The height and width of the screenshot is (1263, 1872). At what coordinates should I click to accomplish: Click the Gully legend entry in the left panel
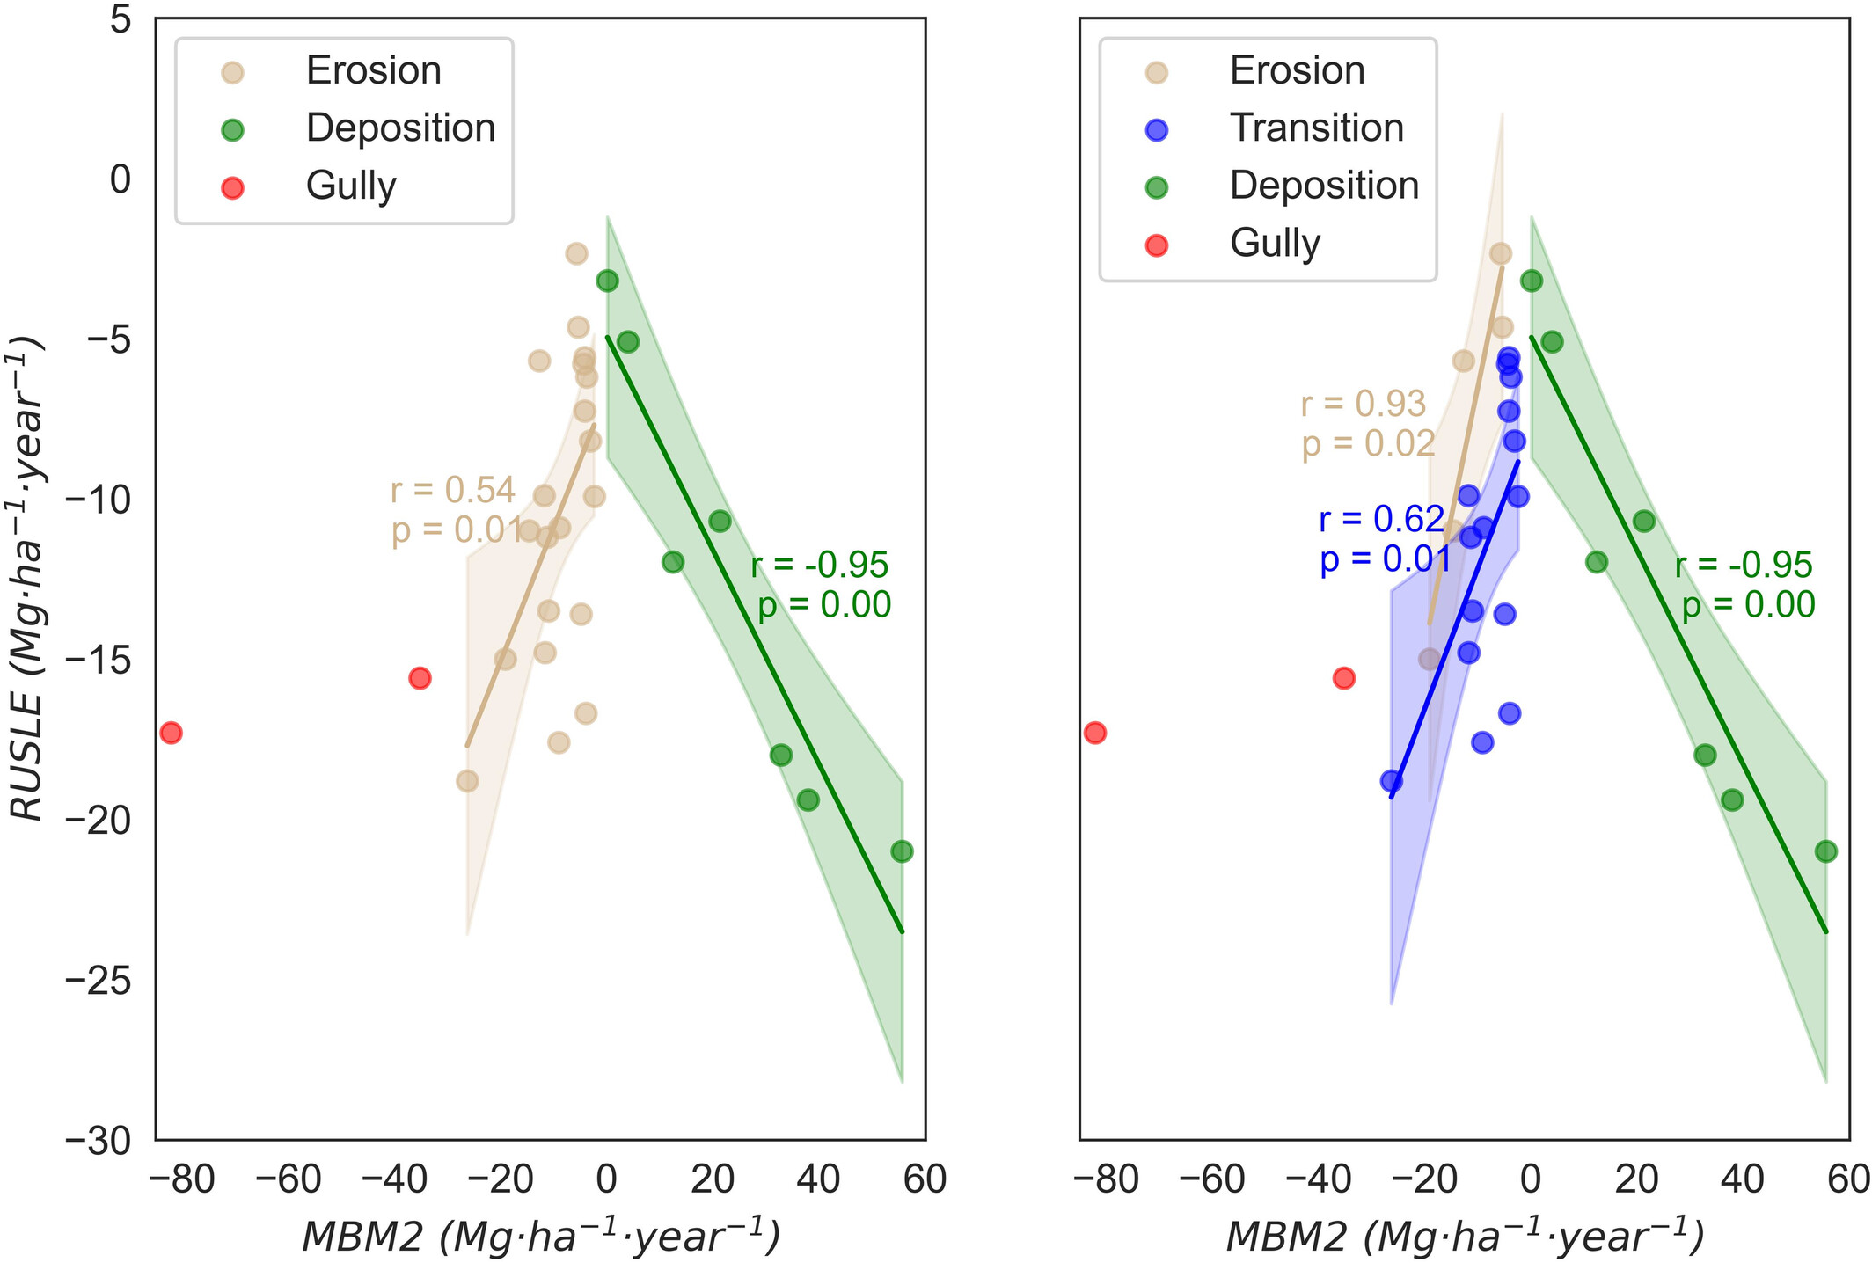350,186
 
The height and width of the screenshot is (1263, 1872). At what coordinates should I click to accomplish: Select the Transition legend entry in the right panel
1316,128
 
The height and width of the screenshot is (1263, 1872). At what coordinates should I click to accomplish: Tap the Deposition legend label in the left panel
400,128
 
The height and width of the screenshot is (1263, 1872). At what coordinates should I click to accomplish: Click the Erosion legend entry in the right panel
1297,71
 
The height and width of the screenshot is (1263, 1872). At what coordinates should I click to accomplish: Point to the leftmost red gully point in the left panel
171,733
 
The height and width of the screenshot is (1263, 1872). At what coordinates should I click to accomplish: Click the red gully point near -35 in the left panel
420,678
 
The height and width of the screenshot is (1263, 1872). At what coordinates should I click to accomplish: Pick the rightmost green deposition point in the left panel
902,851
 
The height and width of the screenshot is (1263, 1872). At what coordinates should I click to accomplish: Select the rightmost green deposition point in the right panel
1825,851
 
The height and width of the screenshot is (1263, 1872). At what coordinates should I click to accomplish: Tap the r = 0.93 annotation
1363,404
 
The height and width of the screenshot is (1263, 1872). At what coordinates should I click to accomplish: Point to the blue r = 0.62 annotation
1381,520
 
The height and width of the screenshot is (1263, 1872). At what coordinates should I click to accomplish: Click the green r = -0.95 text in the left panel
820,566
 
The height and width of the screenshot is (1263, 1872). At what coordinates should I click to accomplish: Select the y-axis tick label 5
121,19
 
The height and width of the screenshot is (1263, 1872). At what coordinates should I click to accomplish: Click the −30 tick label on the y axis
99,1142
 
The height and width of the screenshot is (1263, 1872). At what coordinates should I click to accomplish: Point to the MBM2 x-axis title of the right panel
1464,1237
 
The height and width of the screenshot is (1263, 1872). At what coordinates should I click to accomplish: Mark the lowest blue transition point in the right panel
1391,780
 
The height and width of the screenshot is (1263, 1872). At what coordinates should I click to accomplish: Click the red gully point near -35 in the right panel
1343,678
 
